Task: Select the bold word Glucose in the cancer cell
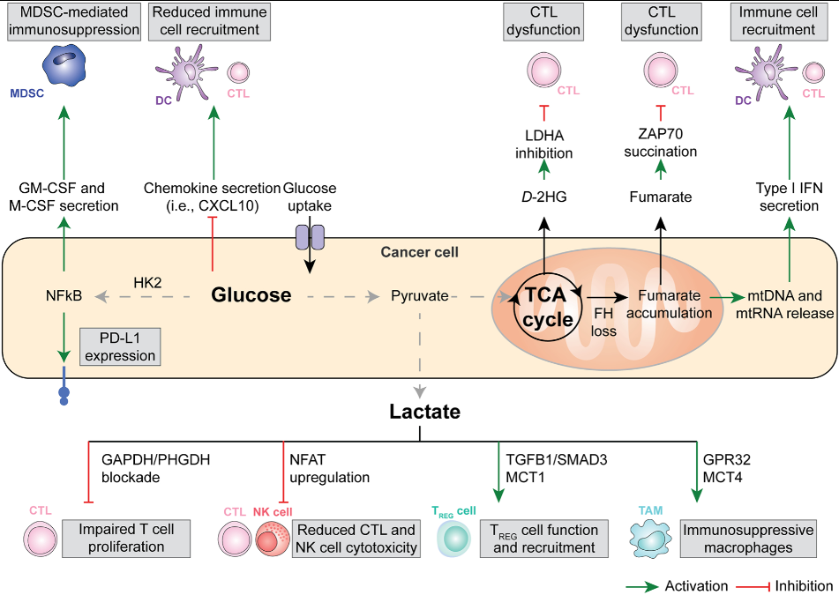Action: click(x=251, y=294)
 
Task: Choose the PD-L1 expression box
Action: click(x=120, y=346)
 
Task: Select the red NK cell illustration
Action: click(x=272, y=538)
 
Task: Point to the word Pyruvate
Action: click(x=420, y=295)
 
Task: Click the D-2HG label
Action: click(x=544, y=196)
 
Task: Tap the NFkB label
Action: click(x=64, y=295)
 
